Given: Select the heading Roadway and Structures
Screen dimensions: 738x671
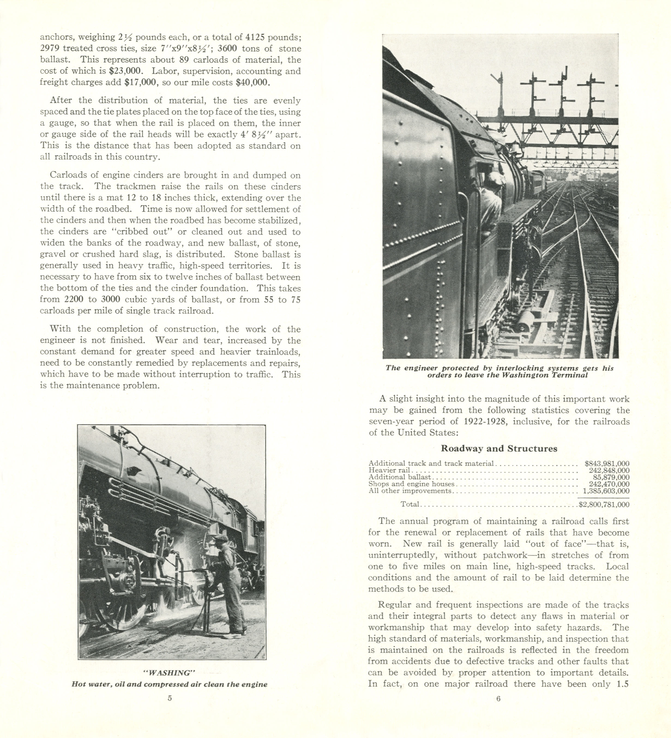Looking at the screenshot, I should pyautogui.click(x=499, y=448).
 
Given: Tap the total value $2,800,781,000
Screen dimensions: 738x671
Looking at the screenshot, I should pyautogui.click(x=604, y=504).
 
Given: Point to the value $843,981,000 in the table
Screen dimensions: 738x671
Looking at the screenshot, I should pyautogui.click(x=607, y=463).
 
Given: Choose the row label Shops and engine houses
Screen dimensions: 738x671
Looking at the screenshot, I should pyautogui.click(x=411, y=484).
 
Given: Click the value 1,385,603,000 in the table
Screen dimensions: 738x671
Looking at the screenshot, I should pyautogui.click(x=606, y=491).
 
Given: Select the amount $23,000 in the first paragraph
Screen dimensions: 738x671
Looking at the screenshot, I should pyautogui.click(x=125, y=71).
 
